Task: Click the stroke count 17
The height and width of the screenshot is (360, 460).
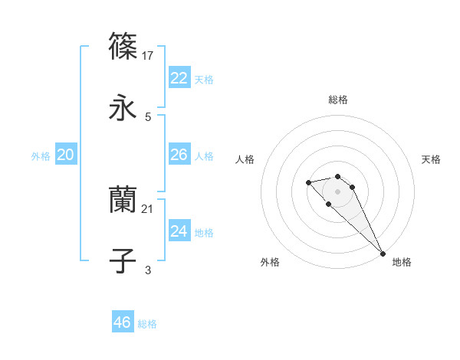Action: pos(149,56)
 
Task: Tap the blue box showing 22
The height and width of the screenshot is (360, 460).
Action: pos(179,78)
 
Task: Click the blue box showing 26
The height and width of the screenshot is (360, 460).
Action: pos(179,155)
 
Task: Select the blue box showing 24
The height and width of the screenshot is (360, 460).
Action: pos(179,231)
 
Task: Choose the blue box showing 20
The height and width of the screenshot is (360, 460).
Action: pos(65,155)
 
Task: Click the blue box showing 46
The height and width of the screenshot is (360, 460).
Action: pos(123,322)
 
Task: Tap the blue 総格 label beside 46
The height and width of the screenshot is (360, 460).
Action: pos(147,324)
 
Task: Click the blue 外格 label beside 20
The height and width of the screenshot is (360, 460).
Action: pos(41,156)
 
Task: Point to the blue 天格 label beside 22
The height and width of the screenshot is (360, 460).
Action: pos(203,80)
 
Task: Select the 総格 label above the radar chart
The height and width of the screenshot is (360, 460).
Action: pos(338,100)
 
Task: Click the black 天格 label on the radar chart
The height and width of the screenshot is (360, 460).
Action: pos(432,159)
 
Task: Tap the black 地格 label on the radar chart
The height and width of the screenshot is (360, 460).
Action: pos(402,262)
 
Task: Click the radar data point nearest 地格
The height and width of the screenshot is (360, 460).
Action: pos(383,253)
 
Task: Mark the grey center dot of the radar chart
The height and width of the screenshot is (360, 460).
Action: pos(338,191)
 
